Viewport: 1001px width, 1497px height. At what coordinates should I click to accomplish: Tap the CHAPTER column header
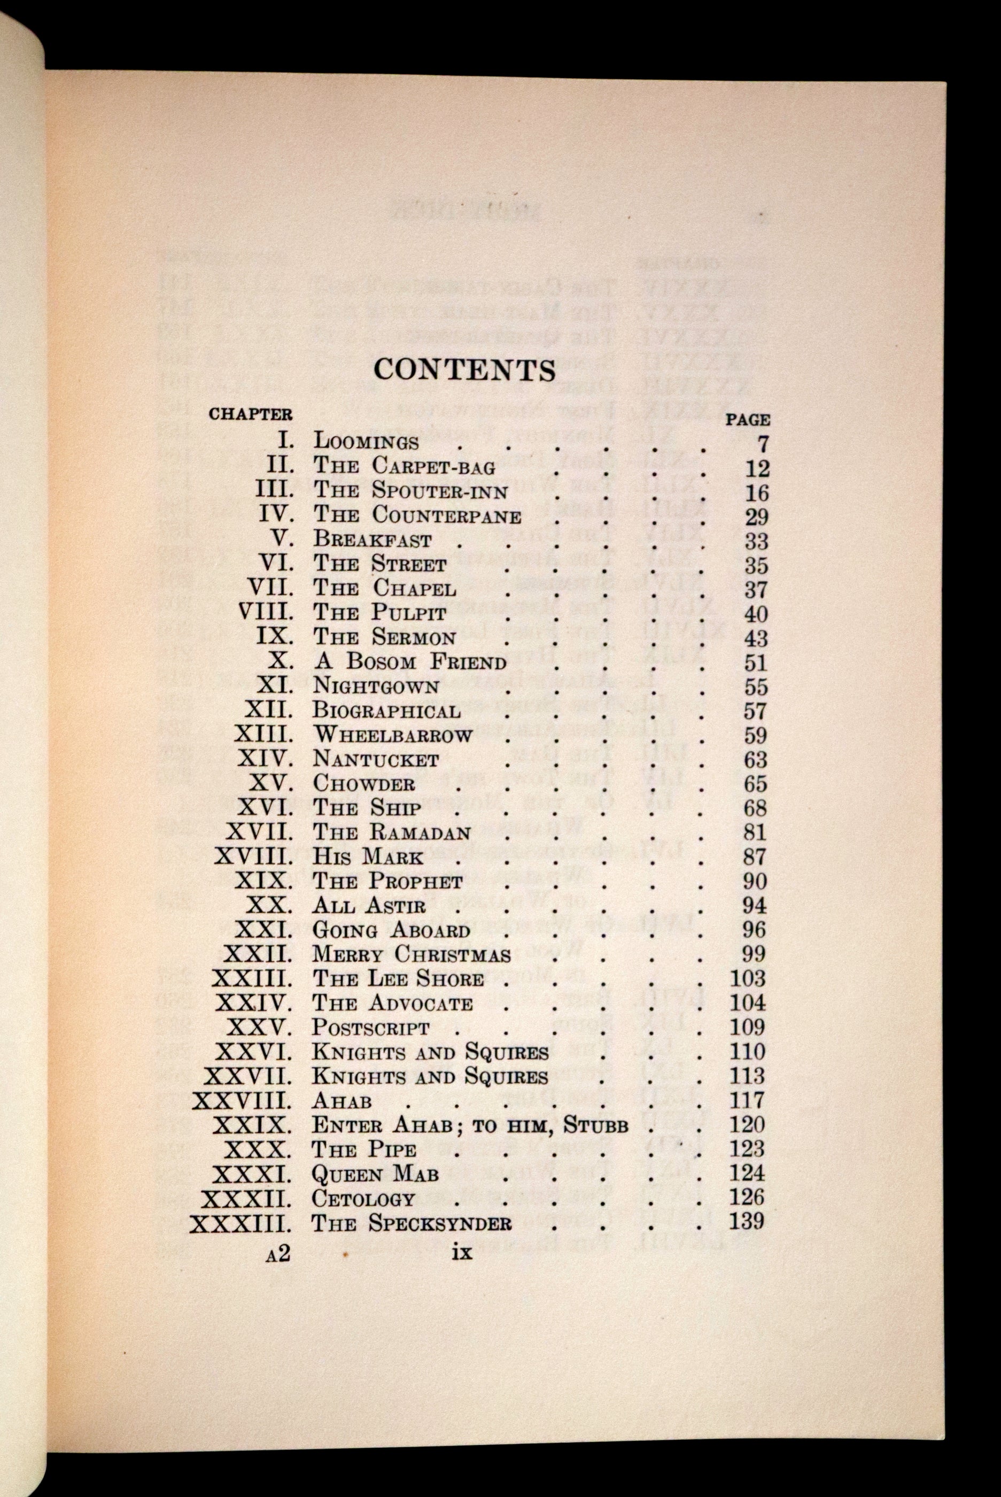point(250,414)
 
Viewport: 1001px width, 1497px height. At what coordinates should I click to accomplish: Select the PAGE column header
point(748,420)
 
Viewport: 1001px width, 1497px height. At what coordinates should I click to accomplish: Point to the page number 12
point(757,469)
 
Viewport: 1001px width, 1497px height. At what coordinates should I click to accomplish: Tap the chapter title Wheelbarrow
point(392,735)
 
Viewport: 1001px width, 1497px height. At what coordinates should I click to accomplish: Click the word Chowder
point(364,783)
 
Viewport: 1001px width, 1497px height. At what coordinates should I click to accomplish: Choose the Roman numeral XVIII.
point(254,856)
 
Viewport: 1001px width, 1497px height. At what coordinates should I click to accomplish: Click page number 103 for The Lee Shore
point(748,978)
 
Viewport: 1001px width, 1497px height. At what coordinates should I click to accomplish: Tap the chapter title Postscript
point(370,1028)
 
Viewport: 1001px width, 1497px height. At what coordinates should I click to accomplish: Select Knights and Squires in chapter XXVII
point(430,1076)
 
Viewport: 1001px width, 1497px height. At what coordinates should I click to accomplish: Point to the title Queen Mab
point(375,1174)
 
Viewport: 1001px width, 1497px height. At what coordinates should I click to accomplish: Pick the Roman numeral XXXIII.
point(242,1223)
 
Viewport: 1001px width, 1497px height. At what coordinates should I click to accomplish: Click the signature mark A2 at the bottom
point(278,1253)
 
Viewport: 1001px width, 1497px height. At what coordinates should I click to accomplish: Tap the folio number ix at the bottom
point(462,1253)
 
